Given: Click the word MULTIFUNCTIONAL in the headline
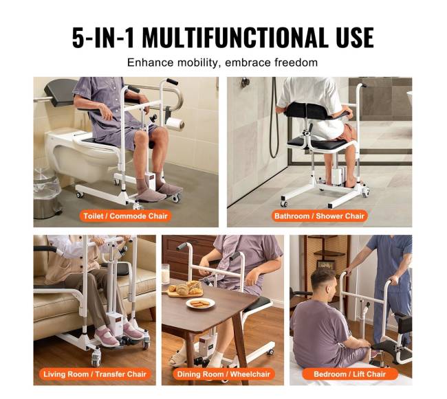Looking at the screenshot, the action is tap(235, 38).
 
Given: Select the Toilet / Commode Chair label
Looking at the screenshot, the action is tap(125, 216).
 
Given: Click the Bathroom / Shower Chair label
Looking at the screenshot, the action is tap(319, 216).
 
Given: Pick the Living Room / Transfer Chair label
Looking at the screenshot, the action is tap(95, 374).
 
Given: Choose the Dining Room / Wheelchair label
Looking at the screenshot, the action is tap(223, 374).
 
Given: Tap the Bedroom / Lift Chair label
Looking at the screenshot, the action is tap(350, 374).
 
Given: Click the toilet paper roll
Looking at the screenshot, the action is tap(175, 124).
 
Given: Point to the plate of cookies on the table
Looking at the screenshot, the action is tap(200, 304).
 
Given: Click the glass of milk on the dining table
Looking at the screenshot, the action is tap(166, 274).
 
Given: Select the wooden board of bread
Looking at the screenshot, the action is tap(185, 290).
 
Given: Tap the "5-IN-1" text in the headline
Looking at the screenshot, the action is tap(103, 38).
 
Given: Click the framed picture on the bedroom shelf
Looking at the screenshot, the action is tap(325, 264).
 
